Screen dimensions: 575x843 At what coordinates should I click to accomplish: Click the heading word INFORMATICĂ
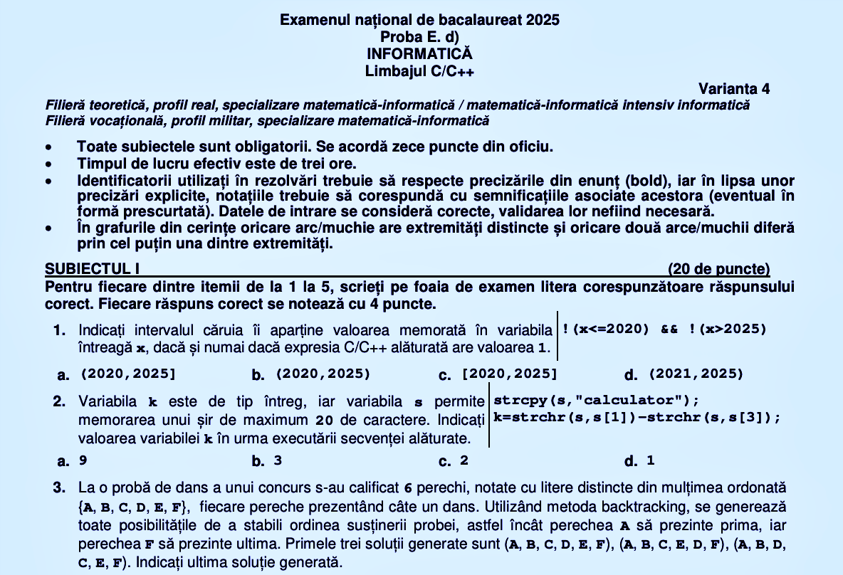point(419,54)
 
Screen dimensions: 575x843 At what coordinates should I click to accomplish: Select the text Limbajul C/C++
point(419,71)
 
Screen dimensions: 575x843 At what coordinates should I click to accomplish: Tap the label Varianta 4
point(733,89)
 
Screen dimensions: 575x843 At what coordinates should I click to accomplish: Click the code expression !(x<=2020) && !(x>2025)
point(664,329)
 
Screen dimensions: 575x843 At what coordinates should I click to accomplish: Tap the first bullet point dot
point(48,147)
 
